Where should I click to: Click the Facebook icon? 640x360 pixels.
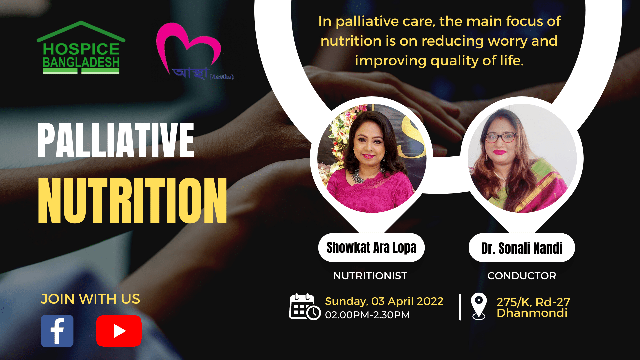(57, 331)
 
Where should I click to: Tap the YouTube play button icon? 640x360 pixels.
(119, 331)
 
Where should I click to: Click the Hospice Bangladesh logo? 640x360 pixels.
(81, 47)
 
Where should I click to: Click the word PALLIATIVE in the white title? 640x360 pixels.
(116, 140)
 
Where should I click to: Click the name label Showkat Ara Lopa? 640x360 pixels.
(371, 248)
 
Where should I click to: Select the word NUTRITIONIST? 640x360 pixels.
(370, 276)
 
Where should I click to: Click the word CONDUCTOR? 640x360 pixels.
(522, 276)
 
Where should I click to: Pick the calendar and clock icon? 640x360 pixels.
(305, 307)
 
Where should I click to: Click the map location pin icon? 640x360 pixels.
(479, 306)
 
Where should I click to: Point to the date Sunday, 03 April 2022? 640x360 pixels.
(384, 301)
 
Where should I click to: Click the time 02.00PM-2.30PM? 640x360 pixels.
(367, 315)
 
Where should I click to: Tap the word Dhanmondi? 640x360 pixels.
(532, 313)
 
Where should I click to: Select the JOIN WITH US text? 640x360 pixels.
(90, 299)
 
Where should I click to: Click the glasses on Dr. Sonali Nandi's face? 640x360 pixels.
(500, 138)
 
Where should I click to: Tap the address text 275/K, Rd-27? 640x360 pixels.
(533, 302)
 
